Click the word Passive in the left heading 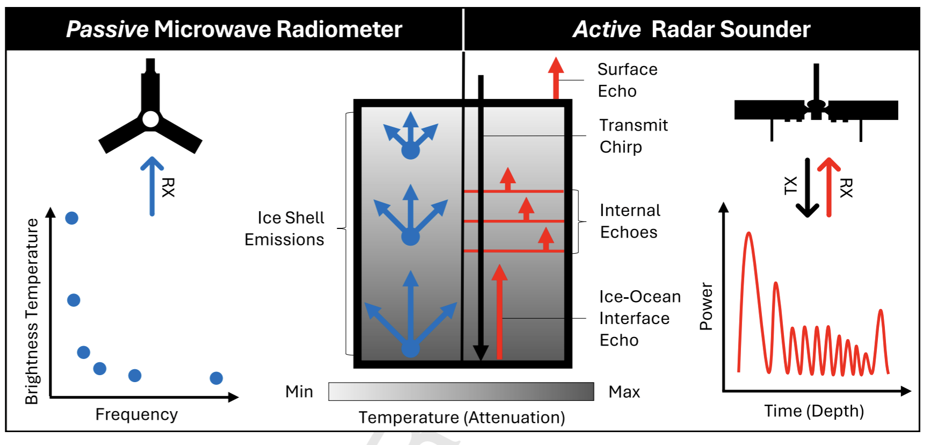point(107,30)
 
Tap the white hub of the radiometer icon point(150,119)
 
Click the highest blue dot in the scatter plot point(71,218)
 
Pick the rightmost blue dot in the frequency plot point(216,378)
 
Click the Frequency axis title point(136,414)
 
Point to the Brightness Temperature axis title point(32,311)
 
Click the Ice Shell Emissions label point(285,228)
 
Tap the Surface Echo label point(627,80)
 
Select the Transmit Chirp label point(633,136)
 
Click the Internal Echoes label point(629,221)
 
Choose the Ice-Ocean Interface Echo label point(639,318)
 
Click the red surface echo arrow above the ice point(556,78)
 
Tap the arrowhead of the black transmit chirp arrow point(481,353)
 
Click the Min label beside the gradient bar point(299,392)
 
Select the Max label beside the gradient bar point(624,392)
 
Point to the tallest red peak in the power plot point(749,236)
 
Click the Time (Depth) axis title point(814,411)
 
